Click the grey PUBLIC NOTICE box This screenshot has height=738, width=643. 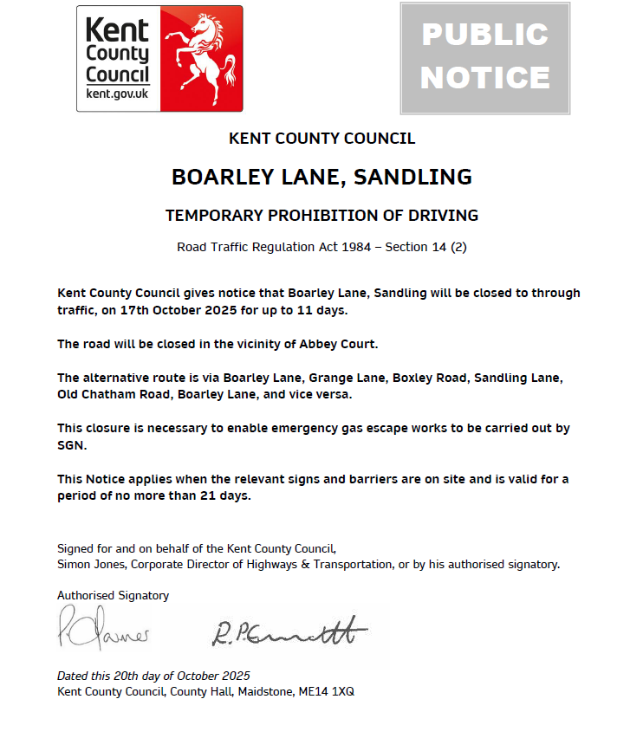click(484, 58)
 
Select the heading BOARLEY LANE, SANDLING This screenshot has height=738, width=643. click(321, 177)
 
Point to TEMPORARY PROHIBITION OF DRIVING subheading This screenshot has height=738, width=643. click(321, 215)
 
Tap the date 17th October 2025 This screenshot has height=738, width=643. click(168, 309)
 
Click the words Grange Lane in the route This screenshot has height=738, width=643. click(347, 378)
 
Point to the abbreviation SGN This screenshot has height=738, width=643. click(72, 445)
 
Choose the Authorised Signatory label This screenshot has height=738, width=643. click(113, 595)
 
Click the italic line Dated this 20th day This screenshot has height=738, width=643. click(153, 676)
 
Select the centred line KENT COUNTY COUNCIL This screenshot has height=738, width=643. click(321, 139)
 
